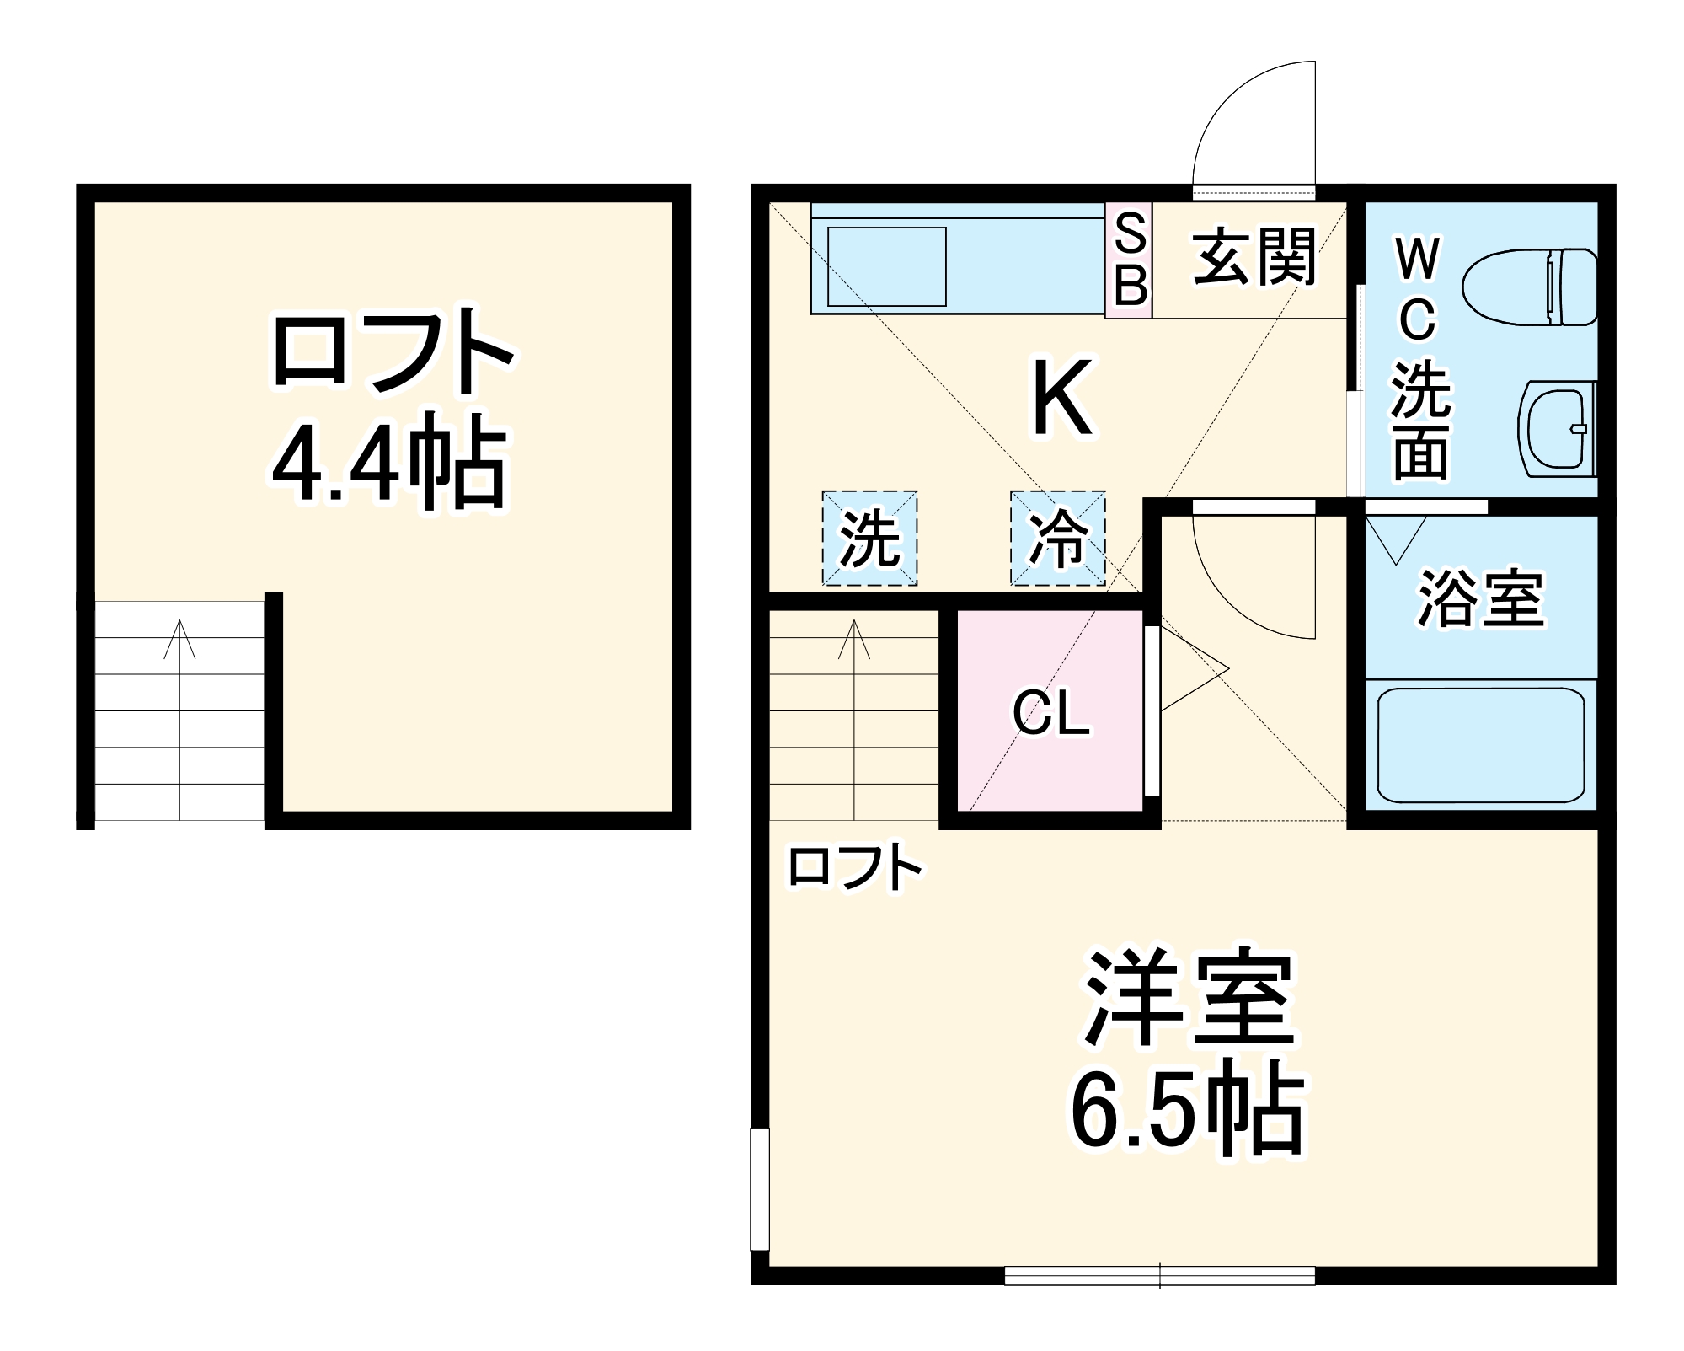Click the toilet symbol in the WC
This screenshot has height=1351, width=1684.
[x=1529, y=287]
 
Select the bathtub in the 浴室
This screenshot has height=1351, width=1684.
[x=1480, y=744]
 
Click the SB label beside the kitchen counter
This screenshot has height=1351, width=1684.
[x=1129, y=260]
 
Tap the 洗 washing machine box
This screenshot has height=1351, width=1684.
[x=869, y=538]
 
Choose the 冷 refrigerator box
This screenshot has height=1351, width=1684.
[x=1058, y=538]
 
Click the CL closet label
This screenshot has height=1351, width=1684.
[x=1050, y=714]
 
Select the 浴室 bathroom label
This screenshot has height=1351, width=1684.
[x=1480, y=599]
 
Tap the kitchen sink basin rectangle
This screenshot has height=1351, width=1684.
[x=886, y=266]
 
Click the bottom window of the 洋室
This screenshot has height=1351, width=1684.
[x=1159, y=1299]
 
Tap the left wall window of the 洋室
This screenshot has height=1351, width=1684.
[x=760, y=1188]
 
